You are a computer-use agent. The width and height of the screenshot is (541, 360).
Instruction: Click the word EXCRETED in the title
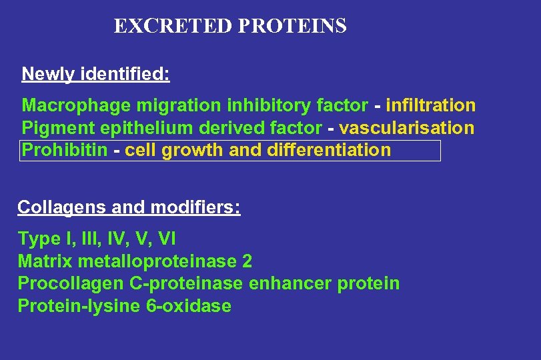[173, 26]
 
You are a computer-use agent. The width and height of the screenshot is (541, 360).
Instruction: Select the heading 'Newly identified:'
[95, 74]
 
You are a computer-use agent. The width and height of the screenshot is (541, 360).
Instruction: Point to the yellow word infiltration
[430, 106]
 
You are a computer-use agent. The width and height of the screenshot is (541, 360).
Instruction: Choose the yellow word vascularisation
[407, 128]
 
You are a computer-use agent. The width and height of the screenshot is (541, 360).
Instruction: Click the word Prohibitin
[65, 150]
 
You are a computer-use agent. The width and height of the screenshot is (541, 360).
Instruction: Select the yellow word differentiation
[329, 150]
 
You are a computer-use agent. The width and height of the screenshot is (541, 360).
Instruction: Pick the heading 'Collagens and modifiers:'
[129, 207]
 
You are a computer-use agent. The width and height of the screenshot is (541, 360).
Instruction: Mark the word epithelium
[137, 128]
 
